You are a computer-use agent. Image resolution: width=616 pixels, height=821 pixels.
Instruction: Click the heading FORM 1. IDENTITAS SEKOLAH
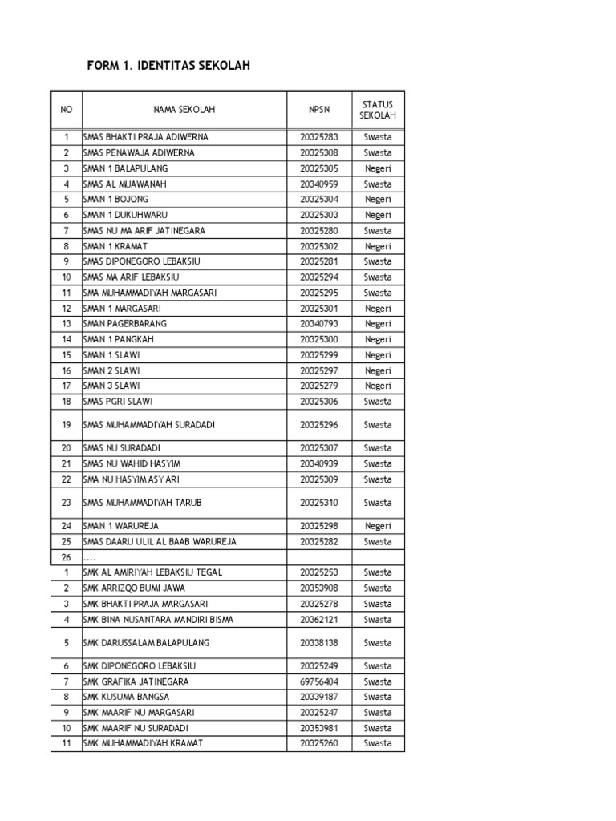click(x=168, y=66)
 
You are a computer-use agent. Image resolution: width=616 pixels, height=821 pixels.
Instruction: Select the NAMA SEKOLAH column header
click(x=184, y=110)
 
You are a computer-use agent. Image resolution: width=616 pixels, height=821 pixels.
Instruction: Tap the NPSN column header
click(x=319, y=110)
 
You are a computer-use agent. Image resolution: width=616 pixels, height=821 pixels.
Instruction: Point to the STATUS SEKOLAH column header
click(x=378, y=110)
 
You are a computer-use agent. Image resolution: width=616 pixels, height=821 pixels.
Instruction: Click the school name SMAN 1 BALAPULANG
click(x=126, y=168)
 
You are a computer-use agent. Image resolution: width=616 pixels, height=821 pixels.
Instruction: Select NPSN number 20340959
click(x=319, y=184)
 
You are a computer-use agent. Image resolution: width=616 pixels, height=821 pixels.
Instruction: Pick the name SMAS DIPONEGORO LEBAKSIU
click(x=136, y=261)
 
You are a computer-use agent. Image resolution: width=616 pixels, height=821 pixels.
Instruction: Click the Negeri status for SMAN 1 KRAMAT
click(x=378, y=246)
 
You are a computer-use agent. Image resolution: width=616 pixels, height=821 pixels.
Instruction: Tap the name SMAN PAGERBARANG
click(x=125, y=324)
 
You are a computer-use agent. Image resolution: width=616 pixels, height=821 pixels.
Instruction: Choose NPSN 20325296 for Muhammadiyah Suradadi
click(x=319, y=425)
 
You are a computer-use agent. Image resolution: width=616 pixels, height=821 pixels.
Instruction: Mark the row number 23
click(x=67, y=503)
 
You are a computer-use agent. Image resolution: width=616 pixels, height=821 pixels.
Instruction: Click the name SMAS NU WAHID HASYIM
click(x=132, y=463)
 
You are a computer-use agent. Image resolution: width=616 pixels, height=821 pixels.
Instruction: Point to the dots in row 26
click(x=90, y=557)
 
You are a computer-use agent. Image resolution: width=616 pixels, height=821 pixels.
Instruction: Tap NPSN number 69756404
click(x=319, y=681)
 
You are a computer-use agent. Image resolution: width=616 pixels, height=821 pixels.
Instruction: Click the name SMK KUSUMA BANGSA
click(x=126, y=697)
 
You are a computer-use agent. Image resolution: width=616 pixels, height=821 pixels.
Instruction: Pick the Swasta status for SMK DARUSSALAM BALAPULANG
click(x=378, y=643)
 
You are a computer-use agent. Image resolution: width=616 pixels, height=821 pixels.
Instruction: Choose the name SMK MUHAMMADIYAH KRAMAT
click(x=143, y=743)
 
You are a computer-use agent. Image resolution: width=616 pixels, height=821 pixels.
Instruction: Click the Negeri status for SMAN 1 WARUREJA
click(x=378, y=526)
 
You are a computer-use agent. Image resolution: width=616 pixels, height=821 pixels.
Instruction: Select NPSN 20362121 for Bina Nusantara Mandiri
click(x=319, y=619)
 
